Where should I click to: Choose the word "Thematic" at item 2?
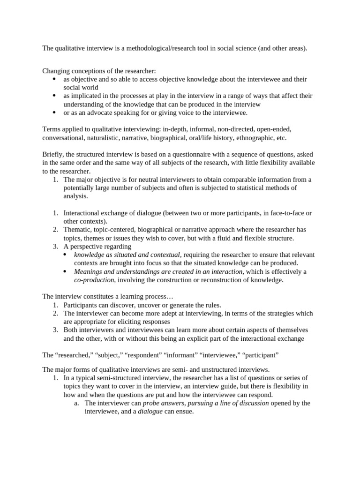(x=77, y=230)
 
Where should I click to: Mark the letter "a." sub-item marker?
(x=77, y=403)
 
